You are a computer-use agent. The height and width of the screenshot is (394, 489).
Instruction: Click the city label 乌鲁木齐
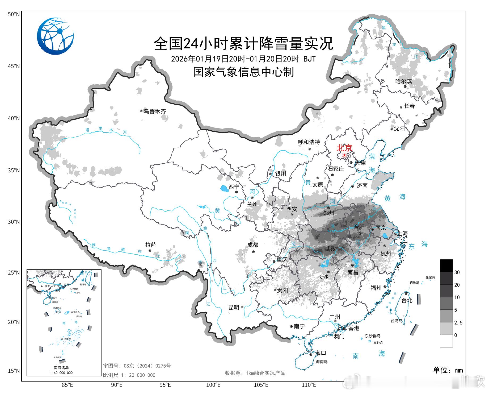click(155, 111)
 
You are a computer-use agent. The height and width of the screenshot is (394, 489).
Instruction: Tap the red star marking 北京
click(344, 155)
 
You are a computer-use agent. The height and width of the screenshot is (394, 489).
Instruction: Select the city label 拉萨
click(151, 245)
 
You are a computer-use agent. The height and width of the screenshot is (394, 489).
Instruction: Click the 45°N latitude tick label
click(14, 66)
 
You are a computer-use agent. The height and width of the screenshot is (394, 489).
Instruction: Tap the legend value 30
click(457, 272)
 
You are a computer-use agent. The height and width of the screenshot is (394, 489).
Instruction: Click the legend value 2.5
click(458, 323)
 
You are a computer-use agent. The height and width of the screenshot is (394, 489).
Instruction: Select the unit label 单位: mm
click(448, 370)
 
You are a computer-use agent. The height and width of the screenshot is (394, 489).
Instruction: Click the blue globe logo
click(55, 36)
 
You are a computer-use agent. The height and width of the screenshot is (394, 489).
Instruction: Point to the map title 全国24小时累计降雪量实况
click(243, 43)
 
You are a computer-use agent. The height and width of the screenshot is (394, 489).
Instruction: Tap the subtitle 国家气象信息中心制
click(243, 72)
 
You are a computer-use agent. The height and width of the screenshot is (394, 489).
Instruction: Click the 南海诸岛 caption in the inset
click(61, 368)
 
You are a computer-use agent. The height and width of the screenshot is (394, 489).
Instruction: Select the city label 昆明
click(234, 308)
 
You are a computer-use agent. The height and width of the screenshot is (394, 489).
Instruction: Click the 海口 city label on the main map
click(321, 353)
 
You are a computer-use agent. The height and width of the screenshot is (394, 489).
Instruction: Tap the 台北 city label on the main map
click(407, 300)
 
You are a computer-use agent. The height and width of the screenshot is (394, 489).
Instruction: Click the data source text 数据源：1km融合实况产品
click(255, 373)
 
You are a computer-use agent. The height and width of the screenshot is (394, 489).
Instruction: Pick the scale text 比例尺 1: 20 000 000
click(129, 375)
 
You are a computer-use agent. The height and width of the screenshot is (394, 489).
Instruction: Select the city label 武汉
click(330, 249)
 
